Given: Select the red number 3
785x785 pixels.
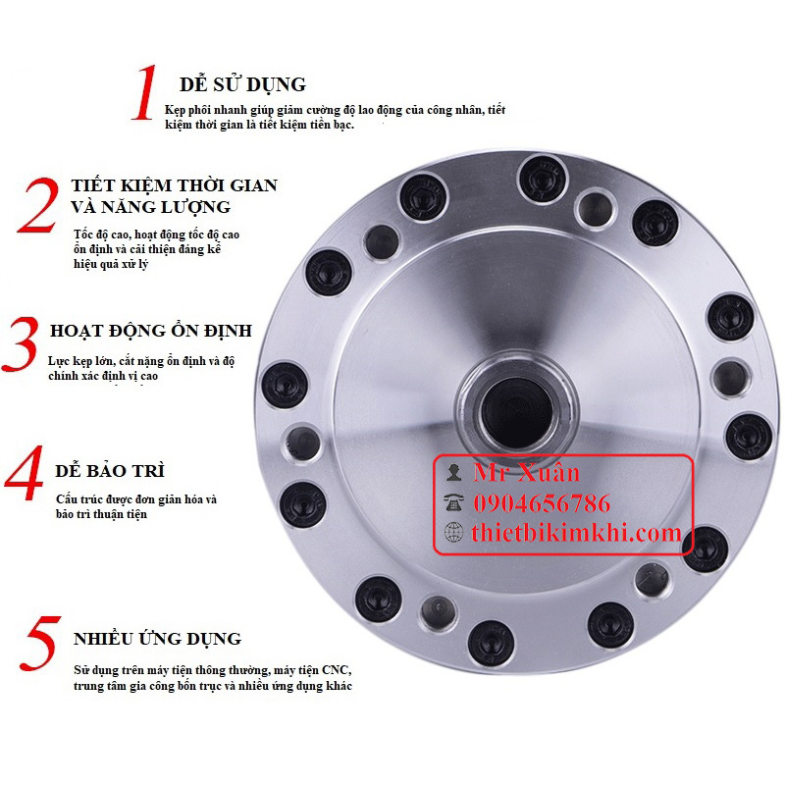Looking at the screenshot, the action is (21, 344).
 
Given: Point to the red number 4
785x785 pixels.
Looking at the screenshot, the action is (24, 473).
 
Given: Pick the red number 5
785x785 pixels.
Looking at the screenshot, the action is (41, 644).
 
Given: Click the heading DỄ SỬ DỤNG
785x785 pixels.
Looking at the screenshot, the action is (242, 83).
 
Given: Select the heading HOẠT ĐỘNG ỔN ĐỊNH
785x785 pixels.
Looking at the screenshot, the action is (151, 331).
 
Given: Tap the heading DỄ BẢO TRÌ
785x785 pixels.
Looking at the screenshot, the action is (110, 470).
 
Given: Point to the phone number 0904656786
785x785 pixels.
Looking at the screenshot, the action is (543, 503).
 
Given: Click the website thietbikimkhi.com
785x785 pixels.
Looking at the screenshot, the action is (576, 532).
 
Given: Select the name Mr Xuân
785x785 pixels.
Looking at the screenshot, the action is (527, 472).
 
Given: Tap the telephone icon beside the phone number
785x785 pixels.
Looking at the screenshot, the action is (453, 502).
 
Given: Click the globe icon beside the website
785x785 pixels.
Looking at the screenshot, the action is (453, 532).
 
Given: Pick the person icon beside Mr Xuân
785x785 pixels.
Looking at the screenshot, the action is (453, 473).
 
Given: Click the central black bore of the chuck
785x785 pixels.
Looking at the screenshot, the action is (517, 411).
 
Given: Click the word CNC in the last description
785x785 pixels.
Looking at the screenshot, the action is (337, 670).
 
